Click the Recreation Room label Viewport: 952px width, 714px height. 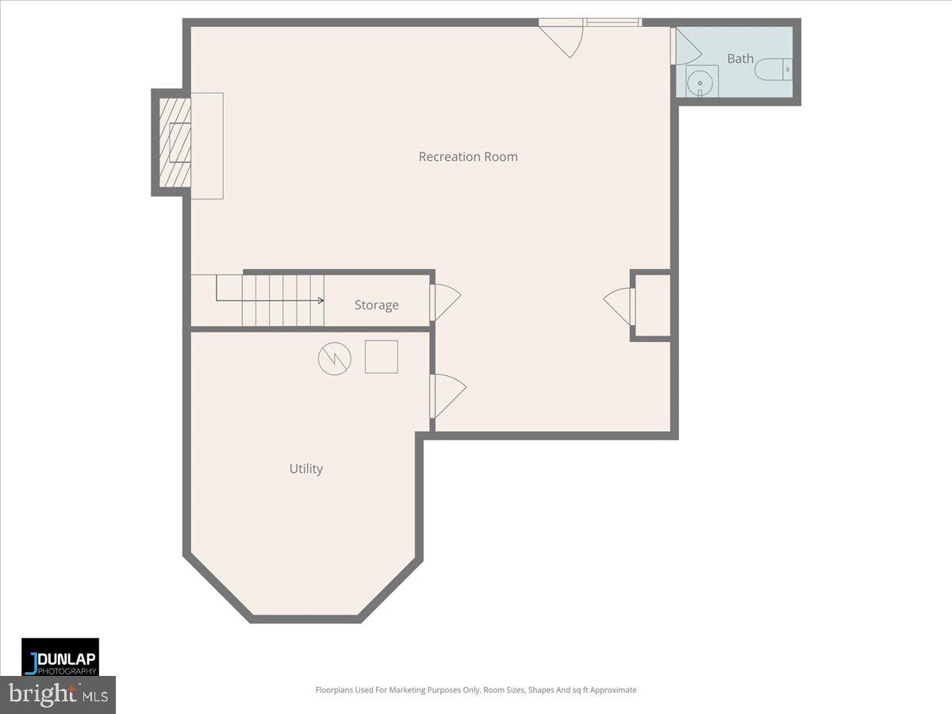point(468,156)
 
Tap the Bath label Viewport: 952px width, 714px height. point(740,58)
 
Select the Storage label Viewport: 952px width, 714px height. point(376,305)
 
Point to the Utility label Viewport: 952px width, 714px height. point(305,469)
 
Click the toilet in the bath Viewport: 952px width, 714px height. point(773,70)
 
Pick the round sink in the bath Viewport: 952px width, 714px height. point(700,82)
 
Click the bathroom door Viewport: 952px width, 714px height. point(684,47)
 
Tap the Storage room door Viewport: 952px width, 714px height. point(444,302)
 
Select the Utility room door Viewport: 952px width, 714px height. point(447,395)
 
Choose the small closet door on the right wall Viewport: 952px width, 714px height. point(620,306)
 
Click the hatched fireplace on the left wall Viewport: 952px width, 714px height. point(175,143)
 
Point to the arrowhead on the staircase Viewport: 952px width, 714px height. point(321,301)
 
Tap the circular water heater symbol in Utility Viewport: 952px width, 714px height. point(334,359)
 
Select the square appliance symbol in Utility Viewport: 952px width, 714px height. point(381,357)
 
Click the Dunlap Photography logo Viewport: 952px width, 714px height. point(60,657)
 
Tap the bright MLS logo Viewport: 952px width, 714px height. point(58,694)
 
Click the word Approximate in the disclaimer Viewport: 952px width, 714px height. point(608,690)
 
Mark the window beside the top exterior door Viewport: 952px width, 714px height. point(612,22)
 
